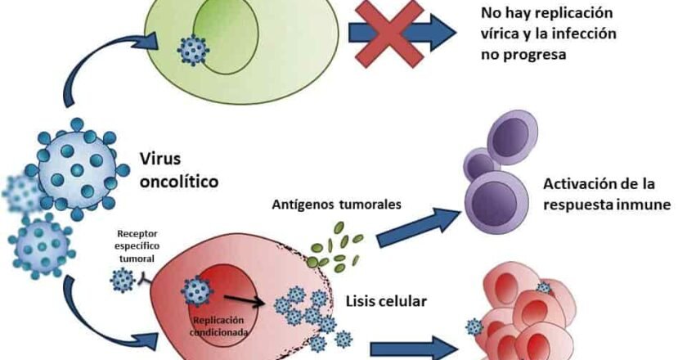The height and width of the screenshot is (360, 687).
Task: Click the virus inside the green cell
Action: coord(194,49)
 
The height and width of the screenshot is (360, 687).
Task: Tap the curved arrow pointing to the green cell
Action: coord(90,65)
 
